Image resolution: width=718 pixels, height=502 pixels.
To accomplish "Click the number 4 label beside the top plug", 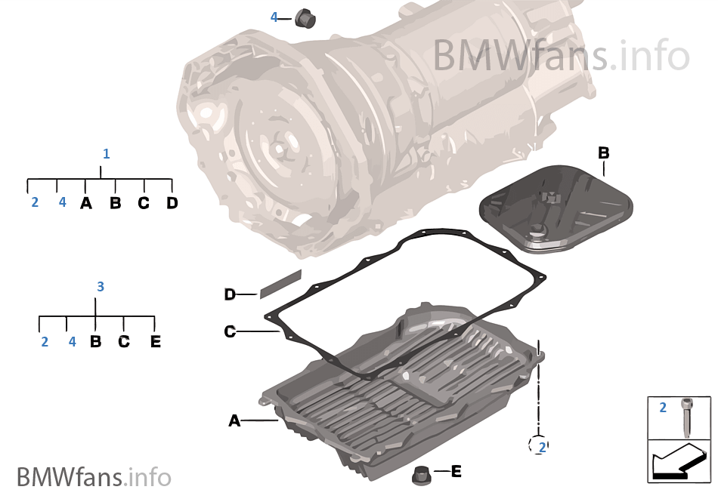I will tap(274, 17).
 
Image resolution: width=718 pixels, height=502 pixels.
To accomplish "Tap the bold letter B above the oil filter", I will tap(603, 153).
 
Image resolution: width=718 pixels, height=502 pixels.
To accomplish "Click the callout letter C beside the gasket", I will tap(231, 331).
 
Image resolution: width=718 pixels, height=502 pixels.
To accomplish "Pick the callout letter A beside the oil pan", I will tap(234, 420).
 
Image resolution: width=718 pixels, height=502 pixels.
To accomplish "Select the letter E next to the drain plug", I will tap(456, 472).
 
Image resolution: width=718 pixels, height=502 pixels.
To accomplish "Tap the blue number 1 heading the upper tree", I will tap(106, 154).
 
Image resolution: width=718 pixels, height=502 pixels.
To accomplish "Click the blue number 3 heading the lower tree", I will tap(101, 287).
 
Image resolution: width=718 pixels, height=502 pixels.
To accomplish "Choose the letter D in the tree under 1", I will tap(172, 203).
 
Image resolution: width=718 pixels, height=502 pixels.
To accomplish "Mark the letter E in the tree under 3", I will tap(155, 342).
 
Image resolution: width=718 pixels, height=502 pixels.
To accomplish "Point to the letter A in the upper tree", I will tap(86, 203).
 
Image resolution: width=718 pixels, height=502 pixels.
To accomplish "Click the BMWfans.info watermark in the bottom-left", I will tap(94, 477).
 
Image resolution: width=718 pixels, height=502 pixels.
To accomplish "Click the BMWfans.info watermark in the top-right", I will tap(561, 55).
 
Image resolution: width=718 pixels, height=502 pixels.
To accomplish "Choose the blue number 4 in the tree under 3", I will tap(72, 342).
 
